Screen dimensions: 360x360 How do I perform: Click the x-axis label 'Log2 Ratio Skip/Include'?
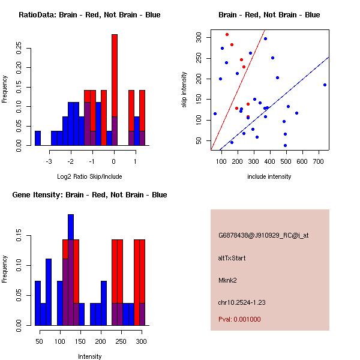tap(89, 176)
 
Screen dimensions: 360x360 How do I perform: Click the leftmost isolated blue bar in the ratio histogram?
tap(38, 138)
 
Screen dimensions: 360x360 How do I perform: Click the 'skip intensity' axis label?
tap(185, 89)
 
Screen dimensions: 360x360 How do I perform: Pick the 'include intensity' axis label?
tap(269, 176)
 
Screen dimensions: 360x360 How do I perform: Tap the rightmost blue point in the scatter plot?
tap(325, 85)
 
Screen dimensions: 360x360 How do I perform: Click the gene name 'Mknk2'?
tap(227, 280)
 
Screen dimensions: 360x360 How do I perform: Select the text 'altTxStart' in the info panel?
tap(232, 258)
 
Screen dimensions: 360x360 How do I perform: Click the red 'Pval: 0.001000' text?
tap(239, 319)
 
